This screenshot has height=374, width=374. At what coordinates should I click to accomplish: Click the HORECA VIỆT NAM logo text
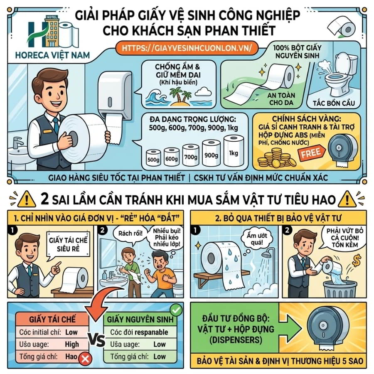(52, 55)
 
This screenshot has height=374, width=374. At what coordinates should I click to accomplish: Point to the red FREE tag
(311, 153)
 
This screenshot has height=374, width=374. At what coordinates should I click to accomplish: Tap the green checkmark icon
(176, 310)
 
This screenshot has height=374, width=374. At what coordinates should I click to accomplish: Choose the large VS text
(96, 340)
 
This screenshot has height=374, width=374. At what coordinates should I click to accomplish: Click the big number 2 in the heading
(46, 199)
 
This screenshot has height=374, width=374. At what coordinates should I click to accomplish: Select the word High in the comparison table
(71, 344)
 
